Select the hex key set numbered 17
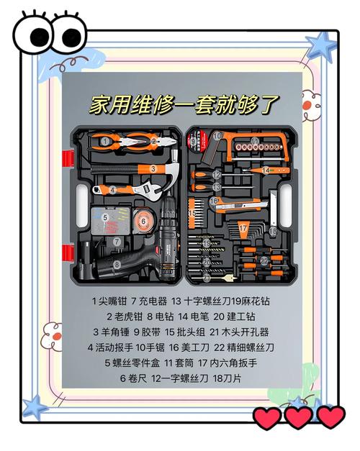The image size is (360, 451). [x=243, y=230]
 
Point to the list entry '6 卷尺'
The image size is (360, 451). [x=132, y=378]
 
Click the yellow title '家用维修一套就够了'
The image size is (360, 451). [x=184, y=104]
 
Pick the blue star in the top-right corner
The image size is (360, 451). [x=321, y=45]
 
